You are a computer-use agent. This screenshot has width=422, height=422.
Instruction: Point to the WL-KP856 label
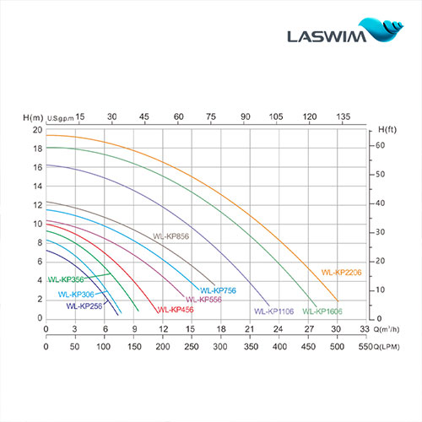[171, 237]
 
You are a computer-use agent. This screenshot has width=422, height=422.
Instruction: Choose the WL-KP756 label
[218, 290]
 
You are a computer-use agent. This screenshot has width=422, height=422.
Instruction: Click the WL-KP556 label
[203, 300]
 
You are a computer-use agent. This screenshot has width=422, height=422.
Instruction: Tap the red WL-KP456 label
[173, 310]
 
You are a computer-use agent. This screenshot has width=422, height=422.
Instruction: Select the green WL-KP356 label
[65, 279]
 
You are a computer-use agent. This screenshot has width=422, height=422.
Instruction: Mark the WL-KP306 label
[75, 295]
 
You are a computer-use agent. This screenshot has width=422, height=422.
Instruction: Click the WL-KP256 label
[84, 306]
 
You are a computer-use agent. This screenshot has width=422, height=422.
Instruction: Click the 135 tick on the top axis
[344, 116]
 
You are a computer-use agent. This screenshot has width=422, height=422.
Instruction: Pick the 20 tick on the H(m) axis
[36, 130]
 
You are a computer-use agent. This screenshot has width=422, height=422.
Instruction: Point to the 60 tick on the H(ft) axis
[381, 146]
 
